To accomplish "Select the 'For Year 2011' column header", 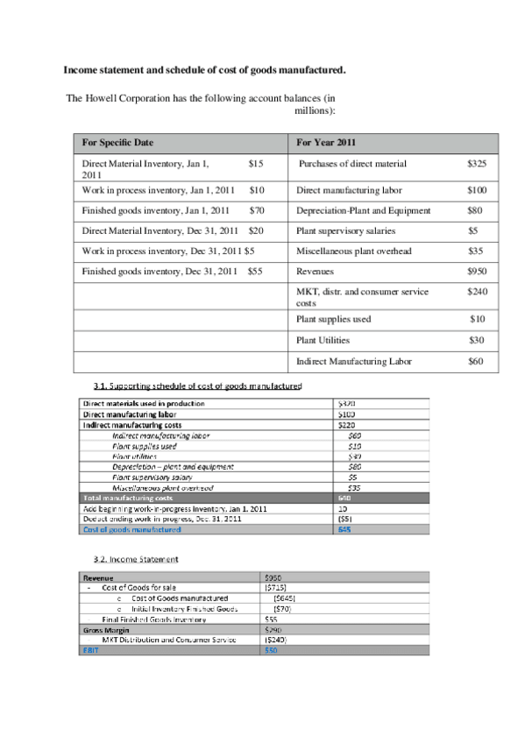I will (326, 143).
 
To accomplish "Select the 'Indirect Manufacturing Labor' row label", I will (352, 360).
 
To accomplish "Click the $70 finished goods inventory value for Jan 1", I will (257, 210).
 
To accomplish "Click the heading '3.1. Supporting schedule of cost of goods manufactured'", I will (197, 386).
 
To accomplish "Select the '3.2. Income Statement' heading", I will (136, 558).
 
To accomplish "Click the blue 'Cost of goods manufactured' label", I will (131, 529).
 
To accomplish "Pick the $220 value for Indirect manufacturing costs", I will (346, 424).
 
